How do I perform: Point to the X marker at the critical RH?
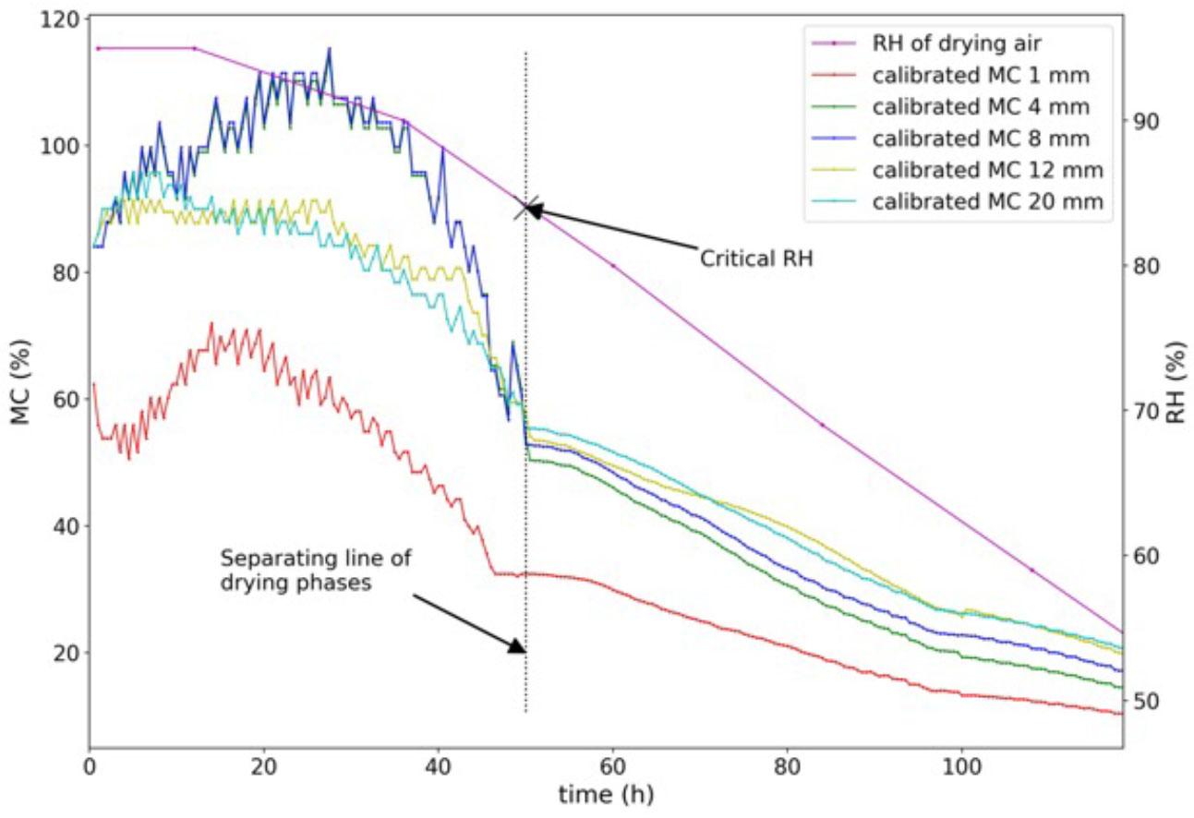(x=526, y=208)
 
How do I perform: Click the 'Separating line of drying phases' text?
(x=315, y=571)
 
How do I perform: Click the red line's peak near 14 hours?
(x=211, y=323)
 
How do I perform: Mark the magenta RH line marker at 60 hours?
(x=613, y=266)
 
